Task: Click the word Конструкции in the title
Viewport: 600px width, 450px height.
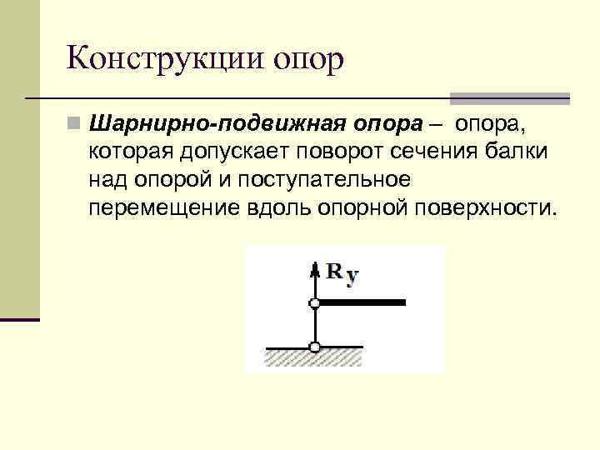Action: tap(167, 60)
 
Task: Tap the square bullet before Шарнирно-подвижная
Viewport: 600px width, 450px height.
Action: tap(75, 125)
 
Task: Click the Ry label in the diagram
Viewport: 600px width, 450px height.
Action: tap(342, 272)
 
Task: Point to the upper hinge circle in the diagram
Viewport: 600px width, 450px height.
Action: tap(314, 303)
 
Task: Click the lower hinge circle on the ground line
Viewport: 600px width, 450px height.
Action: tap(314, 347)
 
